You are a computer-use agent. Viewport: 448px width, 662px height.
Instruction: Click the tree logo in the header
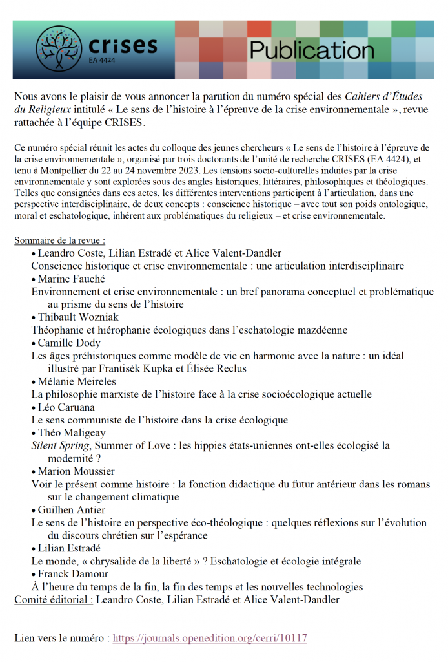(59, 49)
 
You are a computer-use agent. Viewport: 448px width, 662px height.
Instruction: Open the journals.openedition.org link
(210, 638)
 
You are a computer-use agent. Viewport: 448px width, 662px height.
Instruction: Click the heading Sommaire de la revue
(60, 240)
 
